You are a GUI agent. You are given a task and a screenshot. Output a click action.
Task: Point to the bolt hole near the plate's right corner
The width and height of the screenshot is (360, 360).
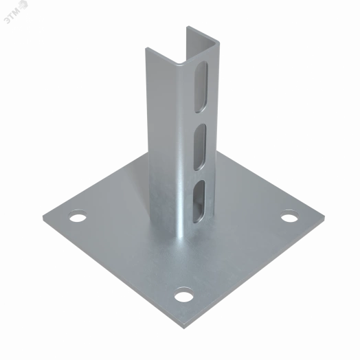coord(289,218)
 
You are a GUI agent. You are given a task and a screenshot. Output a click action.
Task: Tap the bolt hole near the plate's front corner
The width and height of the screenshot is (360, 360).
coord(183,295)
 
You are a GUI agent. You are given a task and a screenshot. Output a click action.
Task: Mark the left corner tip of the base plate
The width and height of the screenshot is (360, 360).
coord(44,213)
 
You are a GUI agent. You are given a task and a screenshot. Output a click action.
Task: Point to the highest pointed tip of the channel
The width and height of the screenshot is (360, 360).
coord(186,27)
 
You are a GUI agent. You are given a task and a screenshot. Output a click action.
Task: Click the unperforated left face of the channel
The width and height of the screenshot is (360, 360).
coord(163,137)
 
